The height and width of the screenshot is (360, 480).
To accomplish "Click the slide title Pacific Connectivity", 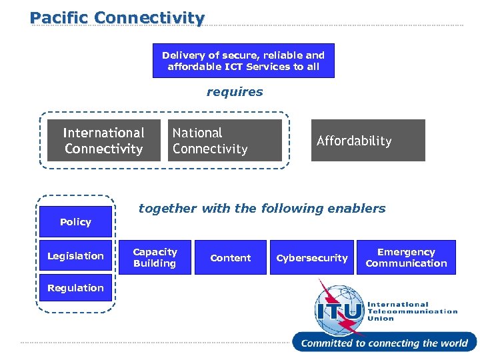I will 117,17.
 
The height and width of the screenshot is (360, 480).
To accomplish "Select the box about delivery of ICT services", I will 243,61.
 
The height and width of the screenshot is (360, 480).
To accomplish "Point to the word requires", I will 235,92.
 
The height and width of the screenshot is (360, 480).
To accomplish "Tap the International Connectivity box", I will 103,141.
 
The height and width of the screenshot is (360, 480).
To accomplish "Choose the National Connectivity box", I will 225,141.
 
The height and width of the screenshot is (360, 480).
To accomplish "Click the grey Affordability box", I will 368,141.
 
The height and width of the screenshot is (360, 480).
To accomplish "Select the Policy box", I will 75,222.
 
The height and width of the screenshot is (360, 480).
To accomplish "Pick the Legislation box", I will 75,256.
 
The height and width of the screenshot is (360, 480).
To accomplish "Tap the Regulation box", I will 75,288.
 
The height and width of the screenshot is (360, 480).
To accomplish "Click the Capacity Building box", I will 155,257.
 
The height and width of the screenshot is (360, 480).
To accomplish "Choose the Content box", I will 231,257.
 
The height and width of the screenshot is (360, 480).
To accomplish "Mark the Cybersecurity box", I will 312,257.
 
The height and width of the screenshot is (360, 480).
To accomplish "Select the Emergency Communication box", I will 406,257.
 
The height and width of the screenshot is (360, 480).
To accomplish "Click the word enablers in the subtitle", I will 361,208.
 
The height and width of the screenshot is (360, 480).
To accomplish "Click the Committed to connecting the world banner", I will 384,343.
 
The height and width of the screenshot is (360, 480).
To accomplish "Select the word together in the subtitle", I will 167,208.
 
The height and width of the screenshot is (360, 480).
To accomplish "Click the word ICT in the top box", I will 234,67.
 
